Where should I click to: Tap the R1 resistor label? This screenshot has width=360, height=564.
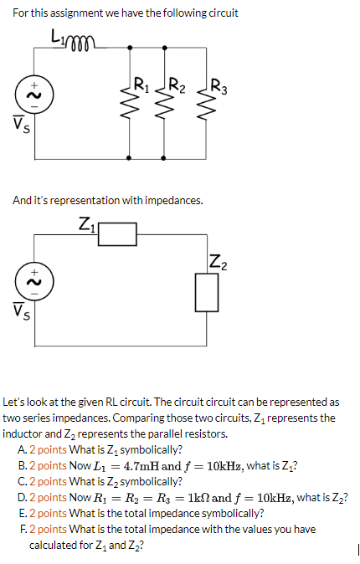click(141, 85)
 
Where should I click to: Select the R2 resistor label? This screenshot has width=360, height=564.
click(177, 85)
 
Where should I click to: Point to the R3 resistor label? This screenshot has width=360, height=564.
click(219, 87)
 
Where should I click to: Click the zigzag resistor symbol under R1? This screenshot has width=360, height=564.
click(130, 105)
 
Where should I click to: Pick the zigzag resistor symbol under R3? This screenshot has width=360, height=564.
click(206, 105)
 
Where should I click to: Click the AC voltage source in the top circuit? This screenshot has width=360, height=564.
click(34, 95)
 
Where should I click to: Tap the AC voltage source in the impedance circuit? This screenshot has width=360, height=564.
click(34, 282)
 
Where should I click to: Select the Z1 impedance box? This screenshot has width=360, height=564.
click(117, 234)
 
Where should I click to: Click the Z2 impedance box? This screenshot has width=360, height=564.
click(207, 292)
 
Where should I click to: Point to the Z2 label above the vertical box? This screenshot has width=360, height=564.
click(219, 261)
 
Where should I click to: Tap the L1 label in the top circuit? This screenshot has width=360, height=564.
click(58, 37)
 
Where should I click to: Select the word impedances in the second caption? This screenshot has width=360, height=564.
click(174, 200)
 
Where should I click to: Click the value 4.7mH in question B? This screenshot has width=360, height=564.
click(142, 466)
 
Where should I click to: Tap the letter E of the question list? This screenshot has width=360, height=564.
click(22, 513)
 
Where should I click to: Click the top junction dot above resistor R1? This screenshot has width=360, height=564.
click(130, 47)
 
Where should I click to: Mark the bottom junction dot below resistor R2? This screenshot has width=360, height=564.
click(163, 158)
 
